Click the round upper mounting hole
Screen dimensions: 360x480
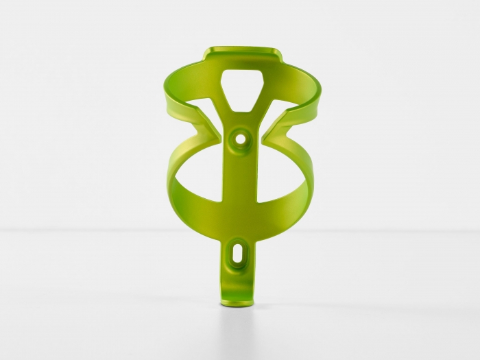pyautogui.click(x=240, y=138)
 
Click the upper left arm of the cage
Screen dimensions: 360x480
pyautogui.click(x=180, y=95)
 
